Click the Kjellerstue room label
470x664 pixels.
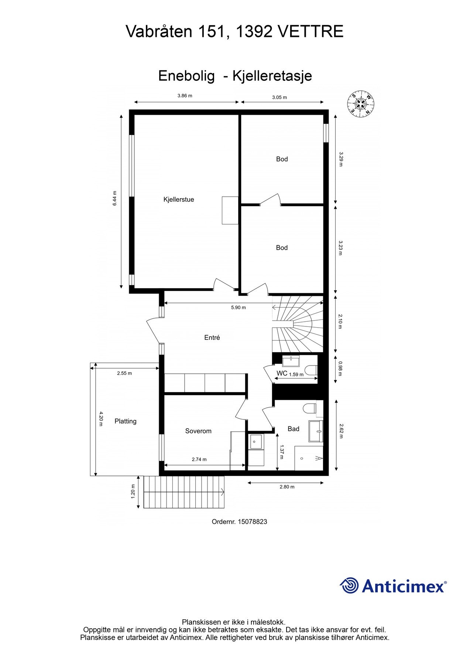[179, 200]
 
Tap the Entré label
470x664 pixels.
[212, 338]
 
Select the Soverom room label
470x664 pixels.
[198, 431]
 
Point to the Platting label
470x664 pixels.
[126, 421]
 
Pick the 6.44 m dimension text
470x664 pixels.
[115, 198]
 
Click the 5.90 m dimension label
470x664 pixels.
[238, 308]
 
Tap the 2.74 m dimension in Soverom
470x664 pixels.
[199, 459]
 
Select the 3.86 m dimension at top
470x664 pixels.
[185, 96]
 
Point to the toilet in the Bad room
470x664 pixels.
[309, 408]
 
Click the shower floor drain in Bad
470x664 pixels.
[302, 459]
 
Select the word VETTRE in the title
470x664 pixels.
[310, 32]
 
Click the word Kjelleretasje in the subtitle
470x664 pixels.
[272, 76]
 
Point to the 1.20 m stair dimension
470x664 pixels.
[133, 491]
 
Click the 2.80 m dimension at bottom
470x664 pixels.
[287, 487]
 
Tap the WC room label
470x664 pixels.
[282, 373]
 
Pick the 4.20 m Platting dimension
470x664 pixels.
[100, 419]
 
